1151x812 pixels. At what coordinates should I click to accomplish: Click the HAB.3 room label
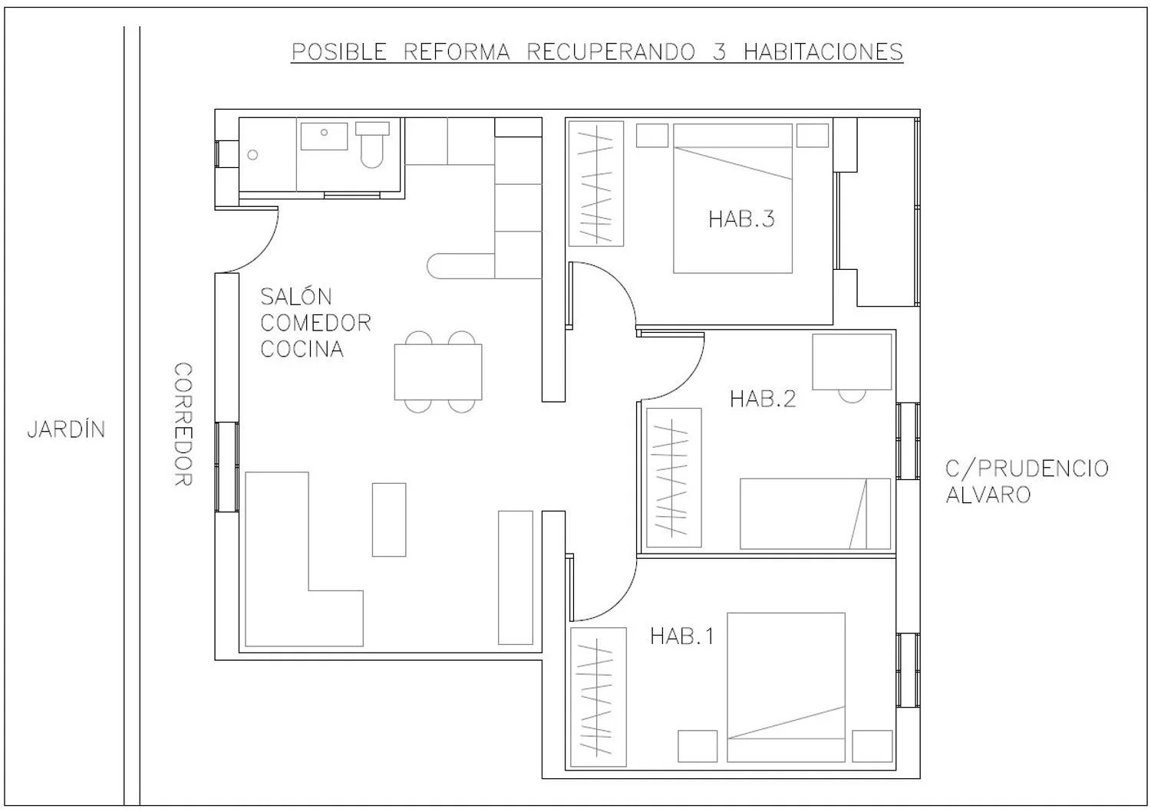coord(741,219)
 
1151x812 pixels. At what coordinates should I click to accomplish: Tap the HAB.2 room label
coord(763,399)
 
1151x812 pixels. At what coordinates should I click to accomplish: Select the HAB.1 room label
coord(682,636)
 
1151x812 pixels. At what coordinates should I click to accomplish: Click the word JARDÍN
coord(66,429)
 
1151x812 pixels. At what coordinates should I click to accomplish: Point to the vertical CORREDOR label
coord(183,424)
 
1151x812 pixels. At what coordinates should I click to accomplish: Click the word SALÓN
coord(296,296)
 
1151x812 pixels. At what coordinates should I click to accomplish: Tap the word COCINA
coord(302,349)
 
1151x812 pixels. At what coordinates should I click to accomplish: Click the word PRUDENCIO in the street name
coord(1043,468)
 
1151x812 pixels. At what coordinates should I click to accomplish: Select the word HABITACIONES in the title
coord(823,52)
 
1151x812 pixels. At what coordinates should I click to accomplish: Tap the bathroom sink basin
coord(325,136)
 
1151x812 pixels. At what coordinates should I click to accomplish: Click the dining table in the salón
coord(438,372)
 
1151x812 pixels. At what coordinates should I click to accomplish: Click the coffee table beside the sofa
coord(389,520)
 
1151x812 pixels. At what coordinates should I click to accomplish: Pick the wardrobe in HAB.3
coord(596,184)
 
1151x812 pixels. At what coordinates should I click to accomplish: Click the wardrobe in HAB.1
coord(598,697)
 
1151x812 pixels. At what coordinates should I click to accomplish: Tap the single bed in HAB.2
coord(816,514)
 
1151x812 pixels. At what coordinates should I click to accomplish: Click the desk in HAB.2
coord(852,362)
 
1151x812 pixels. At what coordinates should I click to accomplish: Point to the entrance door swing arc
coord(265,251)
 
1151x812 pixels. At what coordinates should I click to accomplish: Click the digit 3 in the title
coord(720,52)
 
